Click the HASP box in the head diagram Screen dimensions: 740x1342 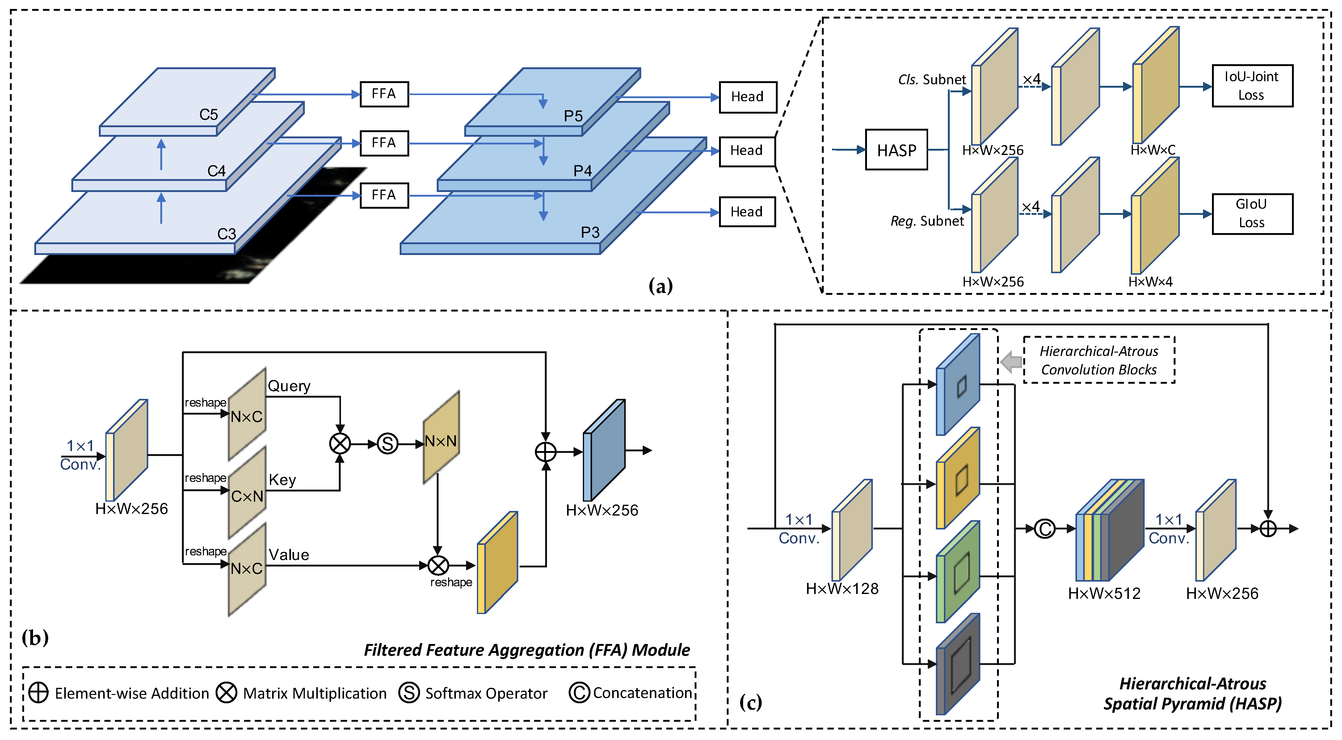click(896, 150)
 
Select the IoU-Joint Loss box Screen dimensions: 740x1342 click(1252, 86)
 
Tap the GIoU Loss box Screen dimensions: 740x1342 click(1252, 214)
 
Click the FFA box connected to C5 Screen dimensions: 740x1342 click(384, 94)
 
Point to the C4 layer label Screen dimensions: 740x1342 click(216, 171)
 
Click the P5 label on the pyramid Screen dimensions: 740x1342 click(573, 115)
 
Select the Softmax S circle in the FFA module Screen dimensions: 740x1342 click(387, 444)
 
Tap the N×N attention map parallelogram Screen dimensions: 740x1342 click(441, 437)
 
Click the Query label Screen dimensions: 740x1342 click(289, 386)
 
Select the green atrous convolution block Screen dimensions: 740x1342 click(957, 572)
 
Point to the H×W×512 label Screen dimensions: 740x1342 click(1104, 593)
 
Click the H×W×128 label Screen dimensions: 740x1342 click(842, 588)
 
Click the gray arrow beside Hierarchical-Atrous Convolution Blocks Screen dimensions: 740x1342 click(1011, 362)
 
